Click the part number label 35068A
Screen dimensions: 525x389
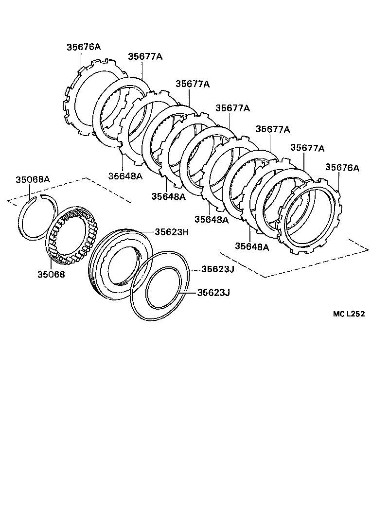[x=32, y=179]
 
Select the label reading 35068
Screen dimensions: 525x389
[x=51, y=274]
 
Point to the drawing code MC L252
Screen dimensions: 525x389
[x=349, y=314]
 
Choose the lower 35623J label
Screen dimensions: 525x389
[x=213, y=293]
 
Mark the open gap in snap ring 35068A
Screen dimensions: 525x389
[x=37, y=197]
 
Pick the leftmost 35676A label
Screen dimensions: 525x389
[x=84, y=47]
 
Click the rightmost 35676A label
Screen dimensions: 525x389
[x=342, y=168]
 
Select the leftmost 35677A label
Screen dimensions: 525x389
[x=145, y=56]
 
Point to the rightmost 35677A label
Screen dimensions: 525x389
[x=307, y=147]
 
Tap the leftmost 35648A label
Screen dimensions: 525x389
[x=125, y=175]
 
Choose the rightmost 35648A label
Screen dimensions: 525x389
[x=252, y=246]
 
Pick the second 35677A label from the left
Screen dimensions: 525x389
[x=193, y=84]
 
